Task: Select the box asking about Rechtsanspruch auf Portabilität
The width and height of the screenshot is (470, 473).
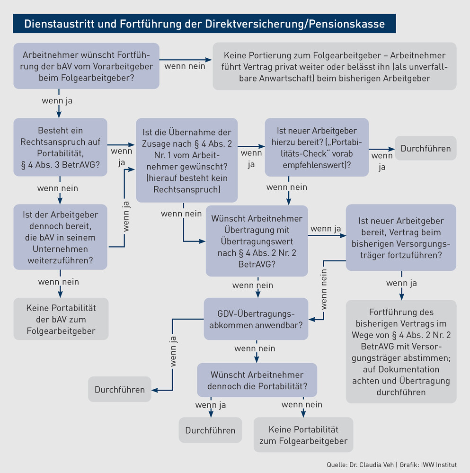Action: pos(60,147)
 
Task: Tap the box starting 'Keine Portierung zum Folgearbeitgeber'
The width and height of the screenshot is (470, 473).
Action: pos(335,66)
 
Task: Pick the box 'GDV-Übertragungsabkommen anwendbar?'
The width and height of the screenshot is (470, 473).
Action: pos(256,319)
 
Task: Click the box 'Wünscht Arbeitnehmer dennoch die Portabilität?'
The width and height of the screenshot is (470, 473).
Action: pos(257,380)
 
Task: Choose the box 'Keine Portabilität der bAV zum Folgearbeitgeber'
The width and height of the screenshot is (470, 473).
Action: pos(61,319)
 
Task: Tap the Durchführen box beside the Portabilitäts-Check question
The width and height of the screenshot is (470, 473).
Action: pos(426,148)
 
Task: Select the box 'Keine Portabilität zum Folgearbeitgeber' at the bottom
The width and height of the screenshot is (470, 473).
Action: pos(303,435)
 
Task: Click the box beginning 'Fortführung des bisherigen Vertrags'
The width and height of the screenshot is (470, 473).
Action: pos(401,352)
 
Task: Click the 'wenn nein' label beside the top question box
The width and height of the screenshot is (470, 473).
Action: pos(185,66)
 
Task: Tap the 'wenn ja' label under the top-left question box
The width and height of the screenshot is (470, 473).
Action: pos(57,100)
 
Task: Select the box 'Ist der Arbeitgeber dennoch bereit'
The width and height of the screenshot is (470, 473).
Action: pos(60,237)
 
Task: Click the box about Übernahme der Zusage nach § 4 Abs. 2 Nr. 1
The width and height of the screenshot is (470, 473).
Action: pos(187,160)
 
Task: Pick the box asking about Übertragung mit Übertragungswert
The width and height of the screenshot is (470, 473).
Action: pos(257,241)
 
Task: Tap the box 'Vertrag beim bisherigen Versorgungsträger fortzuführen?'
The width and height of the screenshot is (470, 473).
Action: pos(401,238)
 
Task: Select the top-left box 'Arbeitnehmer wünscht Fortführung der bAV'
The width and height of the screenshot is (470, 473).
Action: pos(87,66)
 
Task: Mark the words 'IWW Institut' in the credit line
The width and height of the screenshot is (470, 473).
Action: pos(439,465)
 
